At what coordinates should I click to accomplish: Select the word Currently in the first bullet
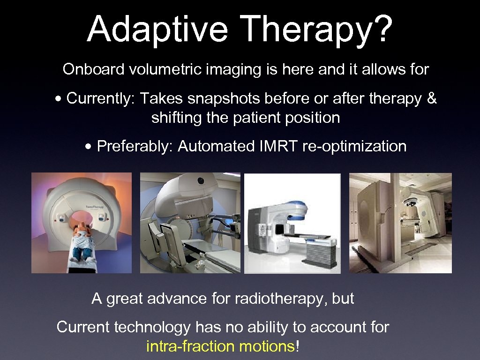coord(99,98)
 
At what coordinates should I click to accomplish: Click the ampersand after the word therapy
coord(432,98)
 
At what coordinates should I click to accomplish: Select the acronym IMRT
coord(277,146)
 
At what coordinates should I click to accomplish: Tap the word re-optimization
coord(354,146)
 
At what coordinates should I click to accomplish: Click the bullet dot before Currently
coord(58,99)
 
